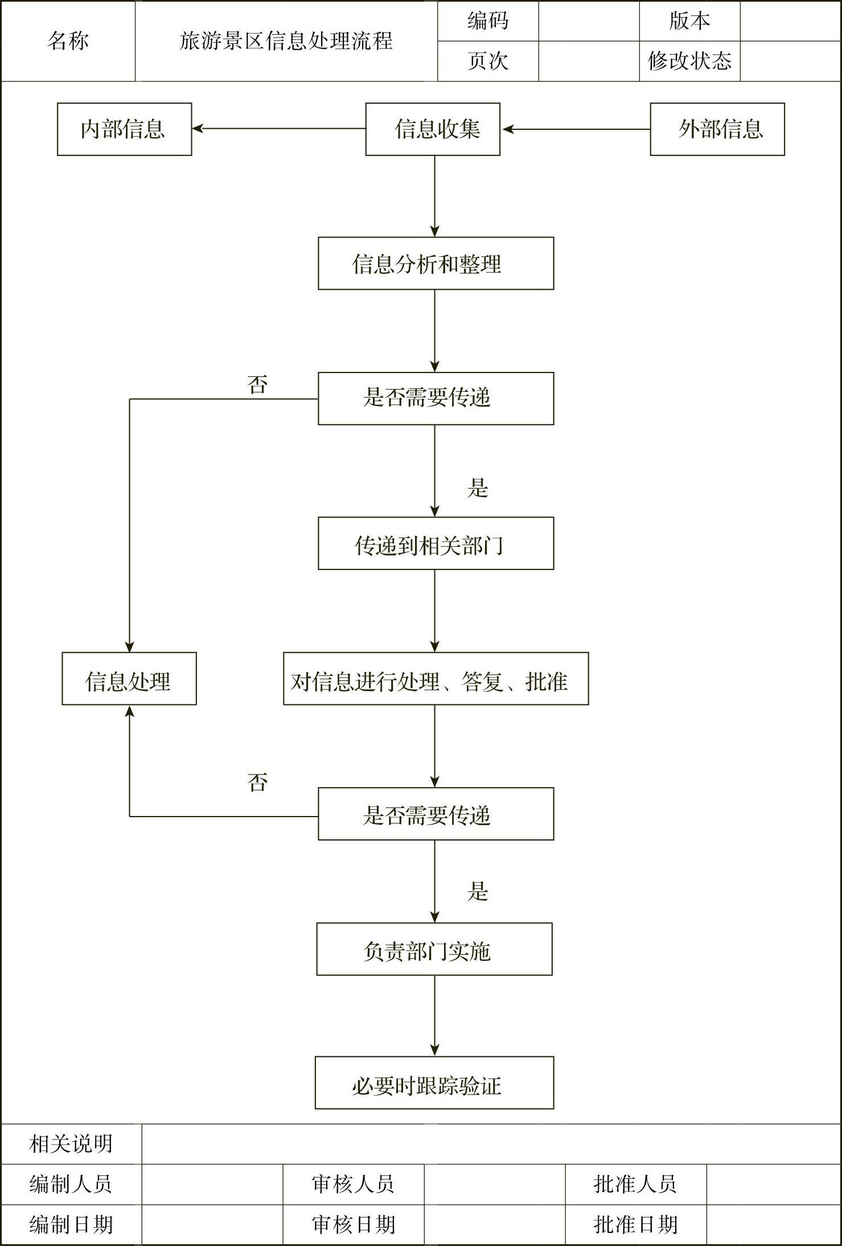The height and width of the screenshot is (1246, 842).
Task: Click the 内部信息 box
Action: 124,129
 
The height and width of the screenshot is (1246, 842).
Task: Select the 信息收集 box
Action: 433,129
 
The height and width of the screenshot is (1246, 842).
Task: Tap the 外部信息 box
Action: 717,129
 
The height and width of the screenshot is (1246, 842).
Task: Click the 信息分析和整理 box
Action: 436,264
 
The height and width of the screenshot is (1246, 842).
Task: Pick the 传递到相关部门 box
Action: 436,543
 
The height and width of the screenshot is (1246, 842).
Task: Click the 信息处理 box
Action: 129,679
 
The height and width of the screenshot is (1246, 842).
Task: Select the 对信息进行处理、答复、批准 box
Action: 436,679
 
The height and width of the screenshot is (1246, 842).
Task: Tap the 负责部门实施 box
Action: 434,949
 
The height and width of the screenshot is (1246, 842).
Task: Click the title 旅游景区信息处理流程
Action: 286,41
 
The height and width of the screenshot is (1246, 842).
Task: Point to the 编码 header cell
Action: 488,21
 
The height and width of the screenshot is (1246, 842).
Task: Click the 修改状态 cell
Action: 689,61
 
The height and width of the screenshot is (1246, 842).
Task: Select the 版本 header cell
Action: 689,21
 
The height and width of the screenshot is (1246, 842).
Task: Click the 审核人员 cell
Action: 354,1184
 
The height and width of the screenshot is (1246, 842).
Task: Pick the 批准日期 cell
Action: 635,1224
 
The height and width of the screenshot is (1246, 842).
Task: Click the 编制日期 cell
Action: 71,1224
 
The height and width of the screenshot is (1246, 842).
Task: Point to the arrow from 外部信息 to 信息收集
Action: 575,129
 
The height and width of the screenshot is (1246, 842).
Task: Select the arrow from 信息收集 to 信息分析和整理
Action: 435,196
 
